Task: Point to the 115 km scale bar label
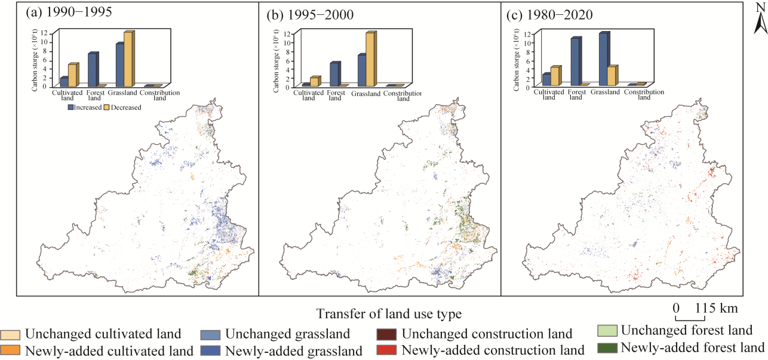point(716,309)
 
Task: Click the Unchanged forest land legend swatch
point(608,330)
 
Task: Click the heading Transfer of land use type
point(389,313)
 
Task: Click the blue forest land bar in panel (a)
point(92,70)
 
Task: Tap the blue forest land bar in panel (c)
point(575,62)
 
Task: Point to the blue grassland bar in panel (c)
point(603,59)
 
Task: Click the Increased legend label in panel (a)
point(87,107)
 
